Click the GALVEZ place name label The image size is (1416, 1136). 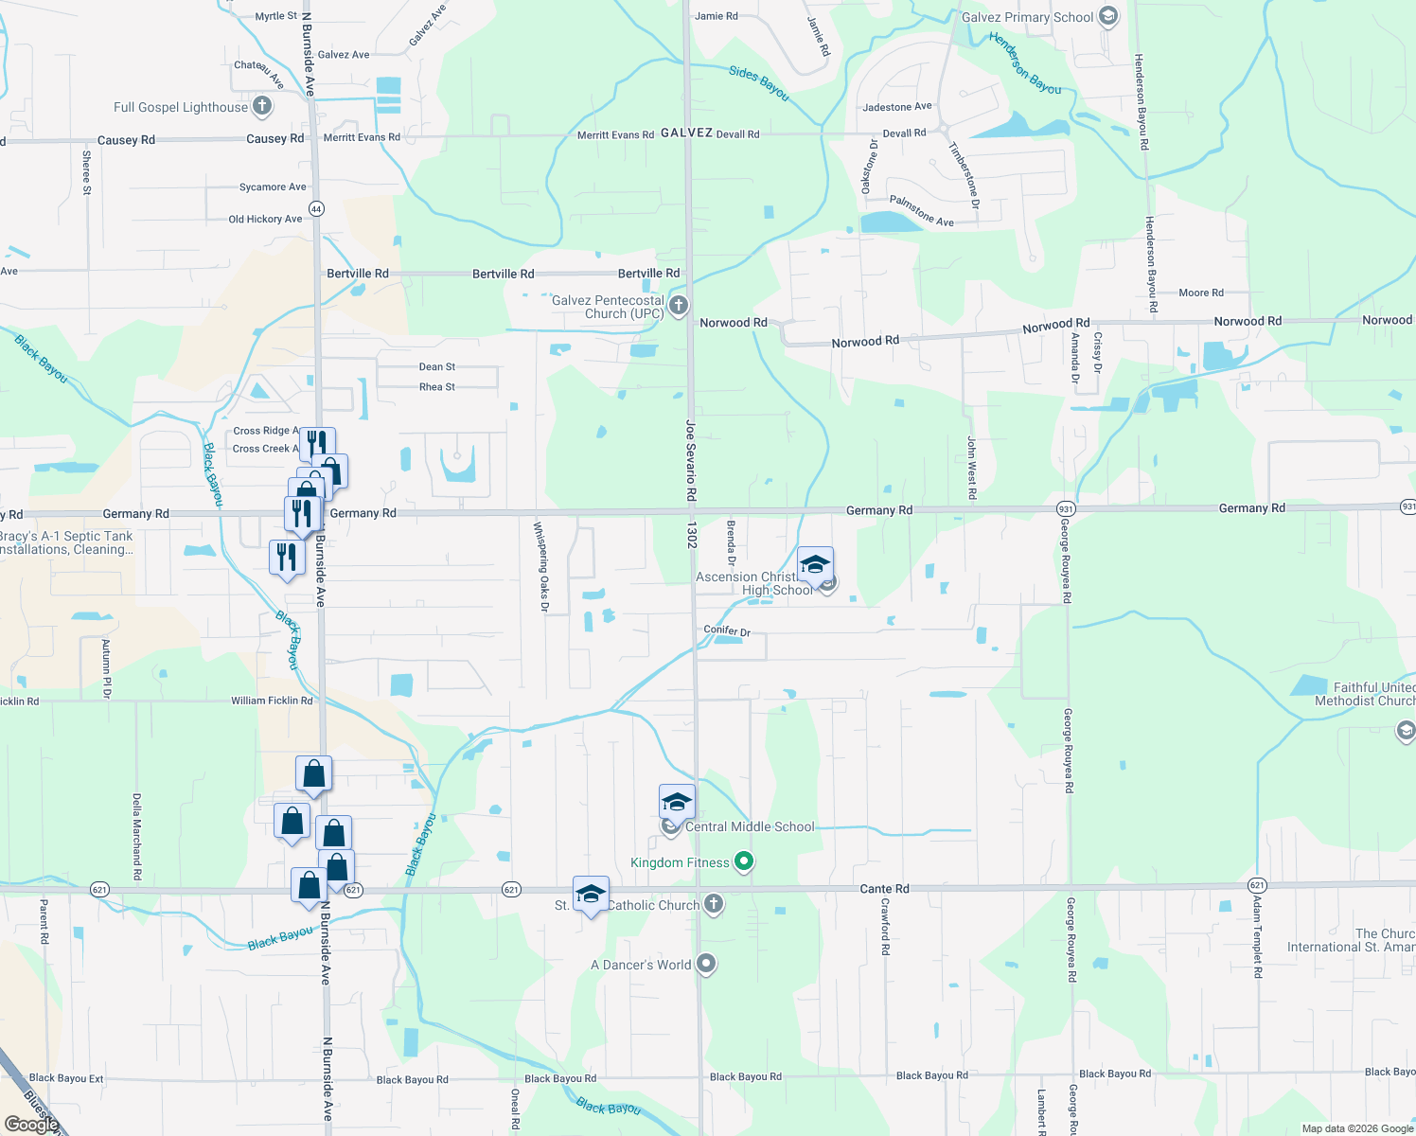point(686,133)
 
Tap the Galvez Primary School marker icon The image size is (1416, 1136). point(1108,16)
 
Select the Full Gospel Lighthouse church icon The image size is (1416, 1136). point(262,107)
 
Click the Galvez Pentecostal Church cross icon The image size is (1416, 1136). point(678,306)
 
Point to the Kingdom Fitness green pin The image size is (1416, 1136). point(744,861)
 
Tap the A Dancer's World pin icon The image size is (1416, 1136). point(706,965)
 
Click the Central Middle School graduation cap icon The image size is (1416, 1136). point(677,803)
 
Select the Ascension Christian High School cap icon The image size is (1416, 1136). point(815,565)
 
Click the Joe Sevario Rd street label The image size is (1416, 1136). point(692,460)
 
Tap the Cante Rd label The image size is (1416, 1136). point(884,889)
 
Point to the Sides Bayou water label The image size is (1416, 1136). point(759,82)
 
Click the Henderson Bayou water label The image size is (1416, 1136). point(1025,62)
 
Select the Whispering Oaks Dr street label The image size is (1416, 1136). point(541,567)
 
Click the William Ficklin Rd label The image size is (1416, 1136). point(272,701)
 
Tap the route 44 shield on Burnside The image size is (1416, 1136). point(316,209)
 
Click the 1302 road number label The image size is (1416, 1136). point(693,535)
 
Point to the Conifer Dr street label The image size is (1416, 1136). point(727,630)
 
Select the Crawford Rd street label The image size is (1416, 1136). point(886,926)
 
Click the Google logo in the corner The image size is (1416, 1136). point(32,1125)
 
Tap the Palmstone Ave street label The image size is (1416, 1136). point(921,211)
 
